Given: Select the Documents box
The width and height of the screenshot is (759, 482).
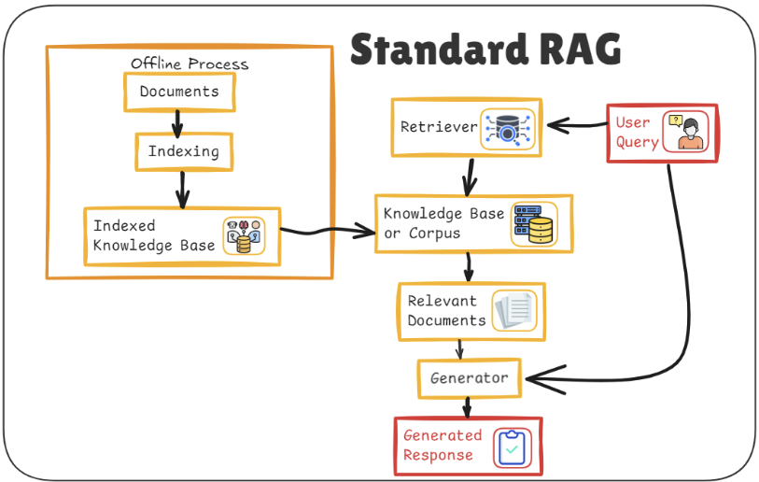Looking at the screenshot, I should pos(179,92).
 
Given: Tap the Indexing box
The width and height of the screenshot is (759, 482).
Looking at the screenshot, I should pos(183,151).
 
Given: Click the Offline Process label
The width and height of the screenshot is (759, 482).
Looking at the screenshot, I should pos(190,64).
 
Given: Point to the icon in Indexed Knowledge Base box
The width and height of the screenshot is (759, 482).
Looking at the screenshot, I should pos(244,236).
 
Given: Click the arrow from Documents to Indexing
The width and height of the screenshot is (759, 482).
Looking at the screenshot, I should pos(177,122).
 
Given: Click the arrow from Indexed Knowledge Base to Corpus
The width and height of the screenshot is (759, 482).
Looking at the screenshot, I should pos(327,231).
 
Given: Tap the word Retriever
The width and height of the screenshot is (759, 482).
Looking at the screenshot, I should pos(438,127).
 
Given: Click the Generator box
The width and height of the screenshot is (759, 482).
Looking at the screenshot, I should pos(470,378).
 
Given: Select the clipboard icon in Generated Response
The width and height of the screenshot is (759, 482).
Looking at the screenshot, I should pos(511,447).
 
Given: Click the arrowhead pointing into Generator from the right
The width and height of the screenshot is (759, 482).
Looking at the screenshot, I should pos(538,378).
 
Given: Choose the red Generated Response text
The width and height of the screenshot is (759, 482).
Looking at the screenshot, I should pos(442,446).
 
